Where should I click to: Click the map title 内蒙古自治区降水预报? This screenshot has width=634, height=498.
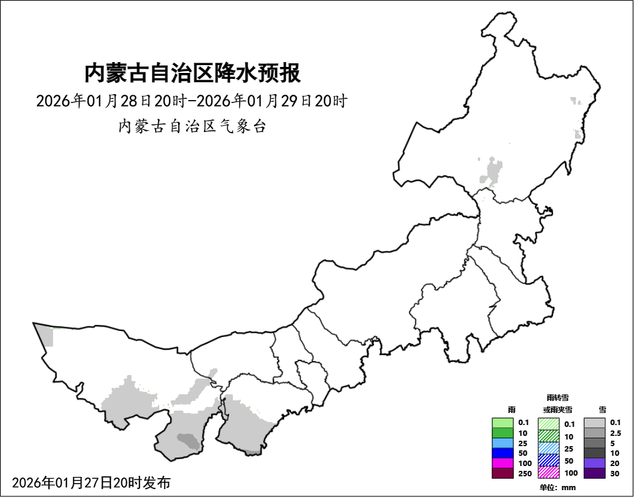pos(192,74)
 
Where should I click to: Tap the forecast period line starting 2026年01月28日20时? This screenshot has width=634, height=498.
pos(191,101)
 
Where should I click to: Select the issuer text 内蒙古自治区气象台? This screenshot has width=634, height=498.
pos(192,127)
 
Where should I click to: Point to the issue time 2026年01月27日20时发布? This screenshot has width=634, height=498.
pos(91,482)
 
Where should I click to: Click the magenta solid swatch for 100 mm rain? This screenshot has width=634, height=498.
pos(502,463)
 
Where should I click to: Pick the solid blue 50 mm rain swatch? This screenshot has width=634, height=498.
pos(502,453)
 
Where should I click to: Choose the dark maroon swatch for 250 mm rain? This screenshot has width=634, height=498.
pos(502,473)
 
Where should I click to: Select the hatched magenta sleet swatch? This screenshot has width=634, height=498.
pos(549,472)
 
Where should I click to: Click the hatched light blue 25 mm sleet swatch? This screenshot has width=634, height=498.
pos(549,448)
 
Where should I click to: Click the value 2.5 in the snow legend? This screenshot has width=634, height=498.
pos(615,433)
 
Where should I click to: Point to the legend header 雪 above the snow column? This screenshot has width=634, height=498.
pos(603,409)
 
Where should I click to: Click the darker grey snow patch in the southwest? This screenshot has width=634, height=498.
pos(188,441)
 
